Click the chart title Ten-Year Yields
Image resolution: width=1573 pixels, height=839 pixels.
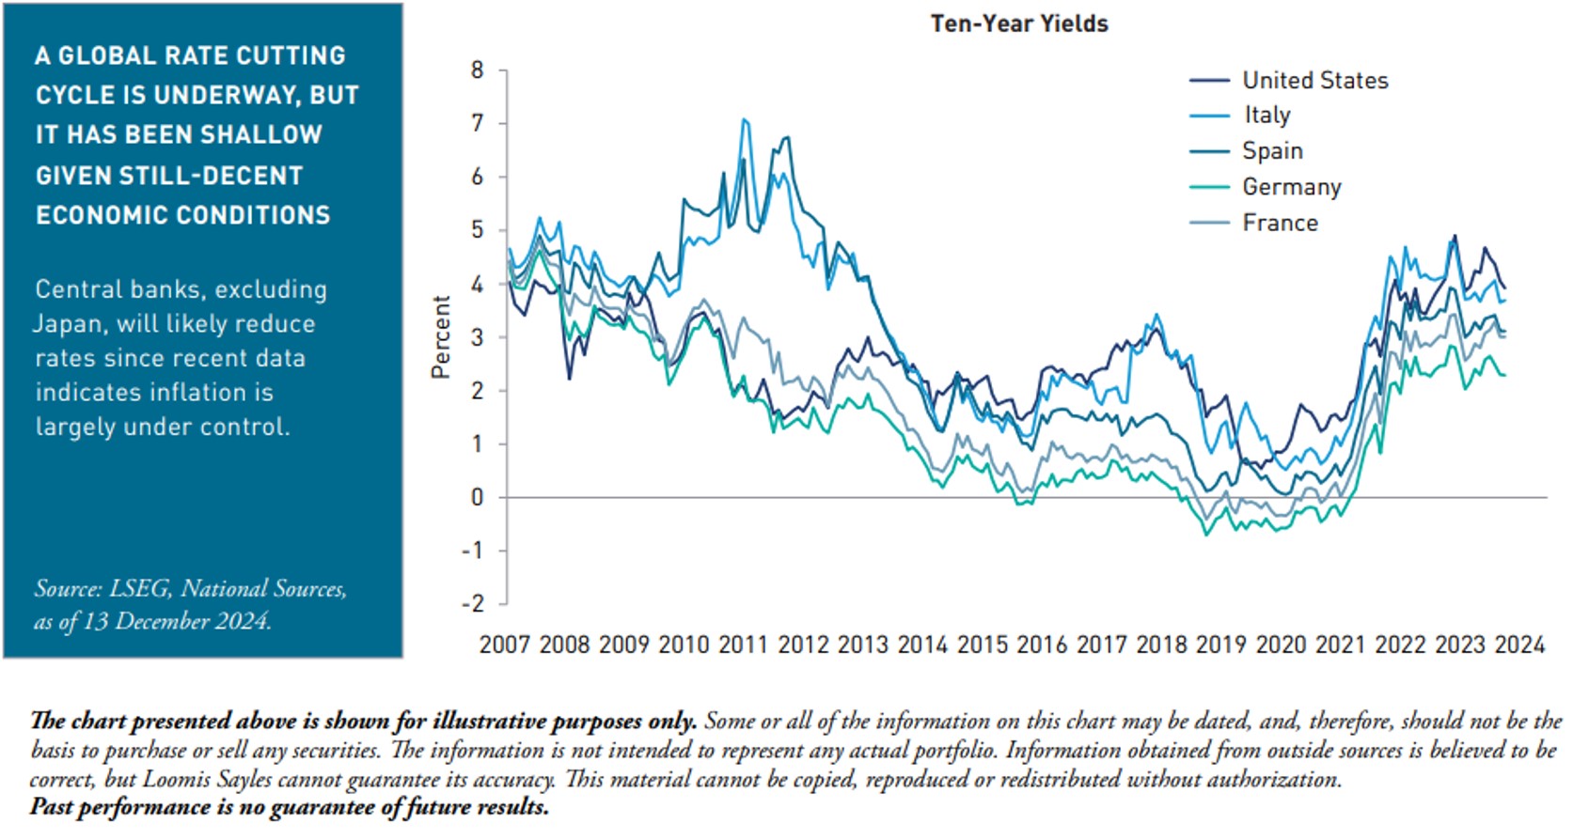click(x=1019, y=24)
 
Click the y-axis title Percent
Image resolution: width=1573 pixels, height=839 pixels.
click(x=441, y=337)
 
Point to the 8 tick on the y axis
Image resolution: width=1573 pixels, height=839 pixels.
click(x=478, y=70)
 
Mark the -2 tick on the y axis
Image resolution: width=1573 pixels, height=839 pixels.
click(x=473, y=604)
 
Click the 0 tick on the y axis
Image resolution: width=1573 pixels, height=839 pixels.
click(x=478, y=498)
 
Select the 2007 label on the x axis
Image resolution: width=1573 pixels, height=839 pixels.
click(x=505, y=645)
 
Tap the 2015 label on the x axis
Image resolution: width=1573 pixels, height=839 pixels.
click(x=983, y=645)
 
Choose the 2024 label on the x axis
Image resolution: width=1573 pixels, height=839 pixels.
click(x=1519, y=645)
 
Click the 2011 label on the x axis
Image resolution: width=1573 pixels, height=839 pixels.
click(x=744, y=645)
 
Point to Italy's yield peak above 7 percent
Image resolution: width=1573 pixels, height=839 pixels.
click(x=745, y=119)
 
